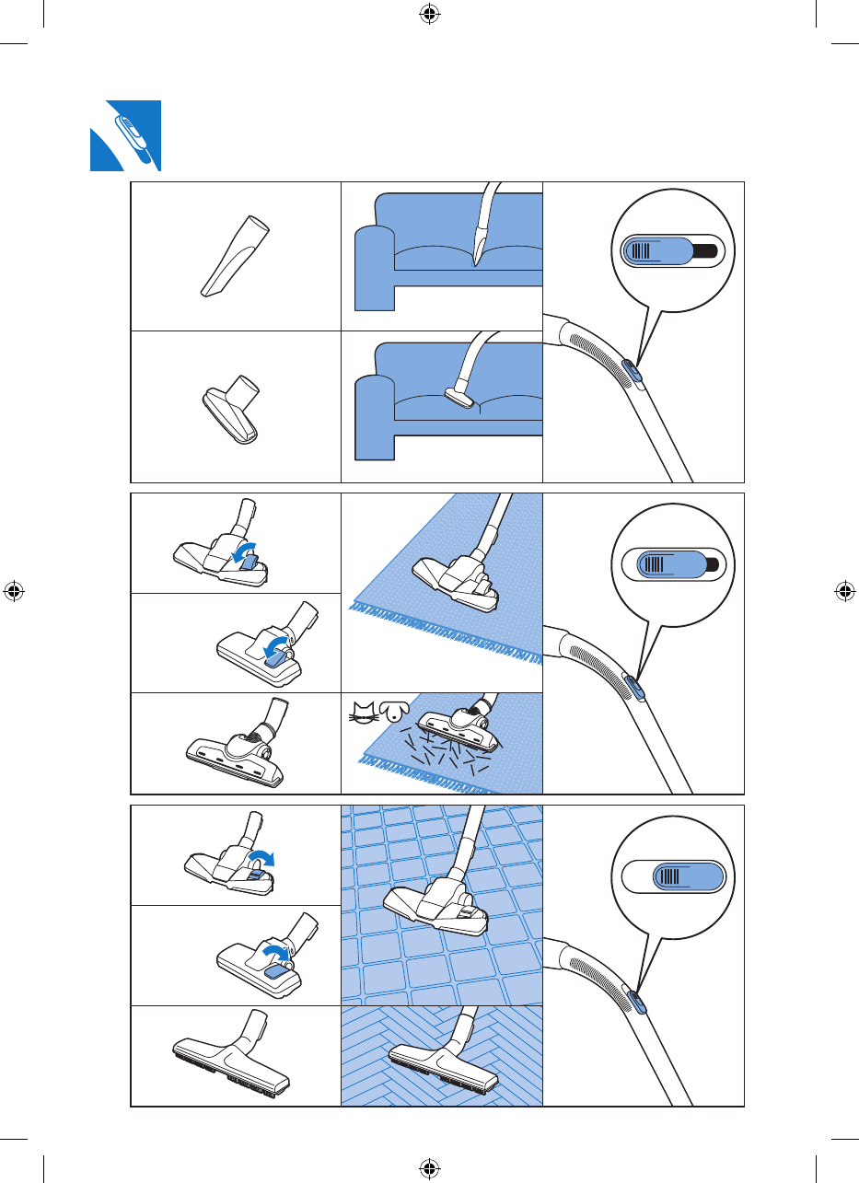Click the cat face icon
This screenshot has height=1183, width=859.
tap(363, 711)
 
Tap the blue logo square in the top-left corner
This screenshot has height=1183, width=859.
tap(125, 135)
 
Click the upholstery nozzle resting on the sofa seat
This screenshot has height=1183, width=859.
tap(459, 398)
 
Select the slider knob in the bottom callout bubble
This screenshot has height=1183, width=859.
tap(686, 876)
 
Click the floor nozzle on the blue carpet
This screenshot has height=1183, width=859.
tap(455, 576)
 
